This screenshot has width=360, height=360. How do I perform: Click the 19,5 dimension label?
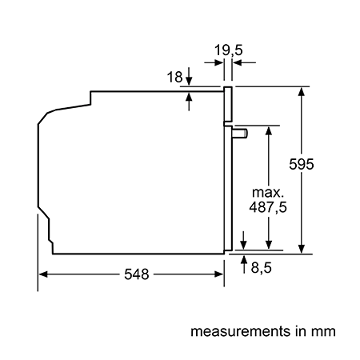[x=229, y=50]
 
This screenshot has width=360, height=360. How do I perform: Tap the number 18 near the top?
[x=174, y=77]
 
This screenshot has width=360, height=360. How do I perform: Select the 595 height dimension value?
[x=302, y=164]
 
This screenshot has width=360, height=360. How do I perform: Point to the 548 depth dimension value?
[x=136, y=274]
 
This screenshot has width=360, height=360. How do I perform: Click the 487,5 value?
[x=268, y=207]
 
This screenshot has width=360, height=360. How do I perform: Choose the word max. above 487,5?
[x=267, y=192]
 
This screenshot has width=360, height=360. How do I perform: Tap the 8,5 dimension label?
[x=261, y=267]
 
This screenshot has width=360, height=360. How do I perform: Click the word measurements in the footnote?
[x=240, y=331]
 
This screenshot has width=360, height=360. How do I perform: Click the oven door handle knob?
[x=240, y=134]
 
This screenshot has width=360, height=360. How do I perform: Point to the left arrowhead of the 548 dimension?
[x=43, y=274]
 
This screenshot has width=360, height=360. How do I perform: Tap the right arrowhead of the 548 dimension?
[x=219, y=274]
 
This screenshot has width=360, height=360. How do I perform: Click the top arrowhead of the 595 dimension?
[x=302, y=91]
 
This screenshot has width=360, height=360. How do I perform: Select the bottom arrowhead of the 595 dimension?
[x=302, y=249]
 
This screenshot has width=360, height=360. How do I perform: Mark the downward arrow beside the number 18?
[x=189, y=76]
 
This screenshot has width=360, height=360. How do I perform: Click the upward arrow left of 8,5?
[x=244, y=264]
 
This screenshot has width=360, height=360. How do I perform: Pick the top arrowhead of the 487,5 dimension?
[x=269, y=130]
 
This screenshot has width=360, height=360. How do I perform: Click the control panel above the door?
[x=228, y=104]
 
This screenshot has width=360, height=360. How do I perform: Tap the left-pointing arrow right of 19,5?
[x=244, y=63]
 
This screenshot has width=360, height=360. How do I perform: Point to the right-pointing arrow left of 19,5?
[x=214, y=63]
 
